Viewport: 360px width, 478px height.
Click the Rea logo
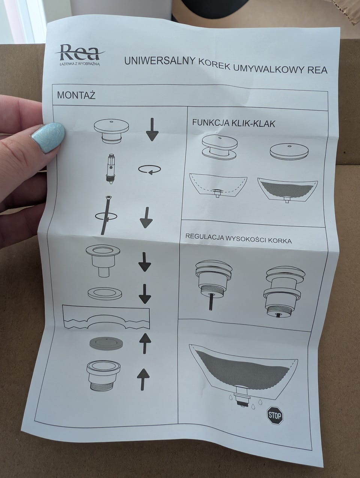click(80, 54)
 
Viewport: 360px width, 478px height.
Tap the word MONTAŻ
click(76, 95)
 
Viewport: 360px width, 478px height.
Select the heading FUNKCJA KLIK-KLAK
click(234, 123)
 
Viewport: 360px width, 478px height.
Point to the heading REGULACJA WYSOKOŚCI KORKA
click(238, 238)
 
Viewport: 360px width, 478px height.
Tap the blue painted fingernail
click(48, 137)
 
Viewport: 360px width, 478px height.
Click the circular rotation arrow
click(150, 169)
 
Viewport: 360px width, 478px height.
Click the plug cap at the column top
click(111, 131)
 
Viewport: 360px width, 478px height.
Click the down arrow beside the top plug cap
click(152, 129)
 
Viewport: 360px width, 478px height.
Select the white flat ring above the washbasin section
click(105, 293)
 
